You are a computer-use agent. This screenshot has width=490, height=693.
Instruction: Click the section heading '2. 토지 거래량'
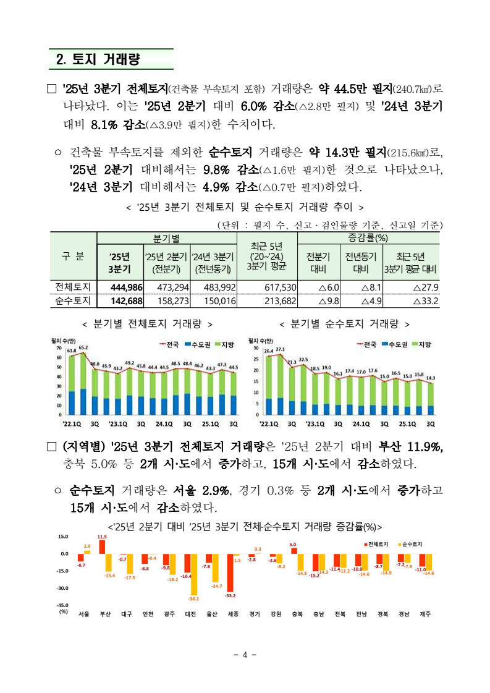[x=98, y=59]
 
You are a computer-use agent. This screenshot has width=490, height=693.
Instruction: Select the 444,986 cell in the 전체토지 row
[x=126, y=287]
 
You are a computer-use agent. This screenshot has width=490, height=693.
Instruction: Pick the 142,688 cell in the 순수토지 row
[x=126, y=301]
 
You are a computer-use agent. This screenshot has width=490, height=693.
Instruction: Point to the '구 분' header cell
[x=73, y=255]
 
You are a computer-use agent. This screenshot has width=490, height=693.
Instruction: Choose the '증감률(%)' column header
[x=368, y=238]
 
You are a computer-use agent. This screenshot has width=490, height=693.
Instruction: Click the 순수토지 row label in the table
[x=73, y=301]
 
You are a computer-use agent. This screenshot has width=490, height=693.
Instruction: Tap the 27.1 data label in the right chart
[x=280, y=350]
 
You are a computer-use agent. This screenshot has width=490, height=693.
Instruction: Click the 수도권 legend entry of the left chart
[x=197, y=344]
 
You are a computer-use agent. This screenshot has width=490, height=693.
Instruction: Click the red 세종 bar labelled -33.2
[x=230, y=572]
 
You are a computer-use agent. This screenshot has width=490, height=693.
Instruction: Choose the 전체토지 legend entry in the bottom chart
[x=375, y=544]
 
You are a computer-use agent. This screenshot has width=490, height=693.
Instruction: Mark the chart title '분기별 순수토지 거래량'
[x=345, y=323]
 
